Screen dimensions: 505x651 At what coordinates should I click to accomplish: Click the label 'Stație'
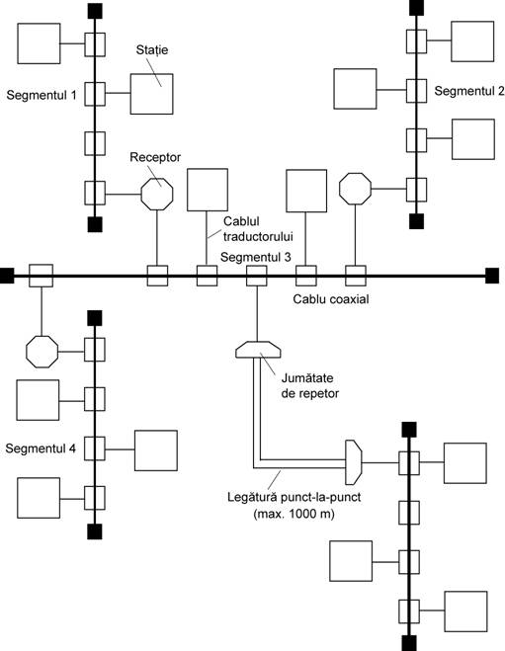coord(152,50)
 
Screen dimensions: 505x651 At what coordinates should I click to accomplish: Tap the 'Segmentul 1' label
coord(42,95)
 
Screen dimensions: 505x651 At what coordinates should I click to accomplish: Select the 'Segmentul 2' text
coord(469,91)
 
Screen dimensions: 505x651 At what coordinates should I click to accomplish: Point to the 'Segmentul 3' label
coord(255,257)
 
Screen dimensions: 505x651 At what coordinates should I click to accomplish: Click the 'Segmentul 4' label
coord(41,448)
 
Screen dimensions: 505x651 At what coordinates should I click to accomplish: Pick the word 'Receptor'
coord(155,157)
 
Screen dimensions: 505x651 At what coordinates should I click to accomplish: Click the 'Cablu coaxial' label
coord(331,299)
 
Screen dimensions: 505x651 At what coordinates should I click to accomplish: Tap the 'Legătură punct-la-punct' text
coord(295,497)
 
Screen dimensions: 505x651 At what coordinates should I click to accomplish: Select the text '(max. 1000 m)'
coord(294,514)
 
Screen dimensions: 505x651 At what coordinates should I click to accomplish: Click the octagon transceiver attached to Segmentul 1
coord(157,194)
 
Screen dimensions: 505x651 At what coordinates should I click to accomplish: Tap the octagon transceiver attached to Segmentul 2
coord(355,189)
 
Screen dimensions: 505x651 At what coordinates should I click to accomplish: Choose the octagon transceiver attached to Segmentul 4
coord(42,352)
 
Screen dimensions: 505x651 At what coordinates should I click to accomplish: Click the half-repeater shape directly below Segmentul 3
coord(258,350)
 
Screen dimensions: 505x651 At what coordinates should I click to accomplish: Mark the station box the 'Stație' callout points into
coord(151,94)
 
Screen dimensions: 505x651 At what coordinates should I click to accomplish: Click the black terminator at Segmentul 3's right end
coord(492,276)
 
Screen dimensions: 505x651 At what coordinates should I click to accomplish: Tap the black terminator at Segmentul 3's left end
coord(7,276)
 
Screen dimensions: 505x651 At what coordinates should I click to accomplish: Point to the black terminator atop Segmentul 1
coord(95,11)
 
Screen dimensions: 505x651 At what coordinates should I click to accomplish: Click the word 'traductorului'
coord(258,236)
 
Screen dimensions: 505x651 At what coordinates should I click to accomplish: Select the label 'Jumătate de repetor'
coord(309,385)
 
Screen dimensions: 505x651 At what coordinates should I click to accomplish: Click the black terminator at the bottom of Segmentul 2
coord(416,221)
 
